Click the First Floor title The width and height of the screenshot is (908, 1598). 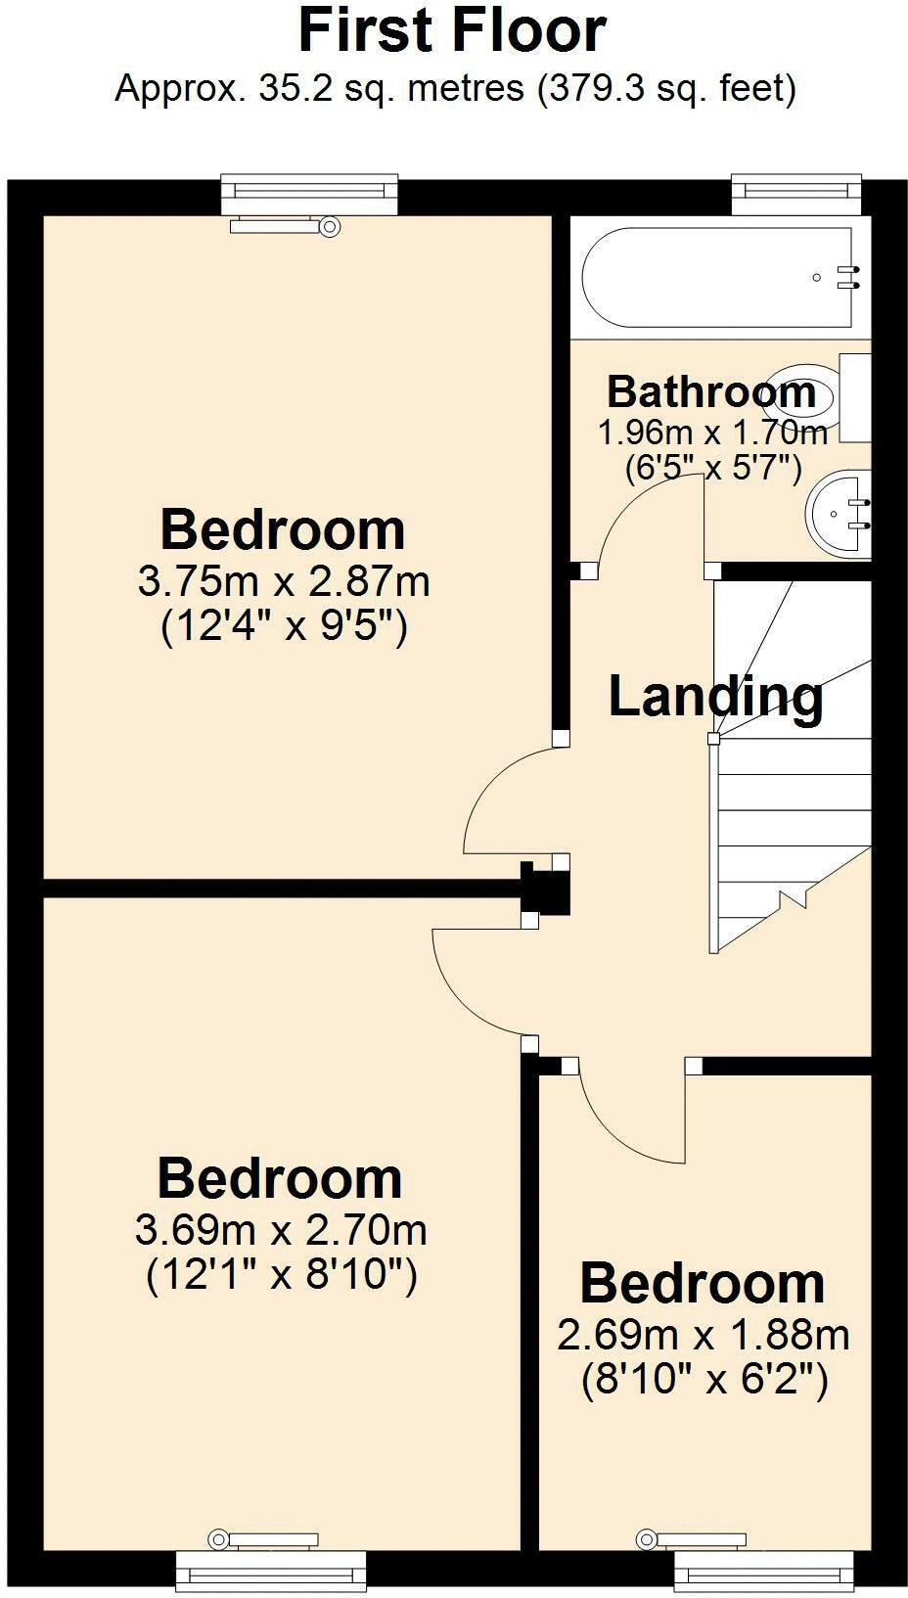tap(452, 31)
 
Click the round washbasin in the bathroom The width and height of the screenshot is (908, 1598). tap(838, 512)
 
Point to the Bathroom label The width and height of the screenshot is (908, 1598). tap(711, 391)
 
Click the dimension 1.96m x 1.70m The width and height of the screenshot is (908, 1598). tap(712, 432)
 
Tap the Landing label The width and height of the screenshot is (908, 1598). tap(715, 697)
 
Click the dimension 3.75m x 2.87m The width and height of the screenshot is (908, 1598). tap(284, 582)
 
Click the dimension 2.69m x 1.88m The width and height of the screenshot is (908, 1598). tap(703, 1335)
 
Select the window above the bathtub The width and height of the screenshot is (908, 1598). tap(797, 193)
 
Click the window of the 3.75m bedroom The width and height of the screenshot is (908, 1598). tap(309, 193)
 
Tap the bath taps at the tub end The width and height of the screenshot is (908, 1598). tap(847, 277)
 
